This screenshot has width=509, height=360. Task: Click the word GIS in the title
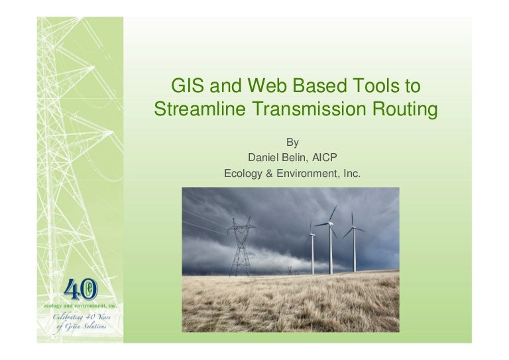(187, 86)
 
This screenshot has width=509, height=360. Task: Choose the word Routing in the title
(403, 109)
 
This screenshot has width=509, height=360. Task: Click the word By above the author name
(292, 142)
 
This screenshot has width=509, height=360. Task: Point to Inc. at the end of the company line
(349, 174)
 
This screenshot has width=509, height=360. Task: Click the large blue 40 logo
(80, 290)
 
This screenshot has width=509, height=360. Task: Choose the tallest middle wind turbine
(331, 242)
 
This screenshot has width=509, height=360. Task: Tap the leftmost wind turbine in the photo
(312, 249)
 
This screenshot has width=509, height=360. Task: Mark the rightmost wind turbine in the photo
(354, 245)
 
